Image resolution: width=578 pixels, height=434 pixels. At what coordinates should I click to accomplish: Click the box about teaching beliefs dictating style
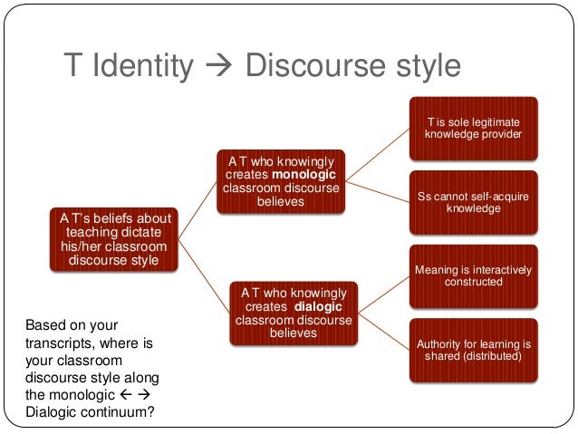(114, 240)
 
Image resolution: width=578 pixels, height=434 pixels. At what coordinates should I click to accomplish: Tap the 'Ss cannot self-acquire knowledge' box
(474, 201)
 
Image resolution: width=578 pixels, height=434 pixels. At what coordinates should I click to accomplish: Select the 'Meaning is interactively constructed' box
(474, 275)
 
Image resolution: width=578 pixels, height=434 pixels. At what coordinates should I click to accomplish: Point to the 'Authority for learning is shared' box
(474, 349)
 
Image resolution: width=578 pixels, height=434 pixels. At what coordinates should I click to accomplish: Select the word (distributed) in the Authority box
(493, 356)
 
